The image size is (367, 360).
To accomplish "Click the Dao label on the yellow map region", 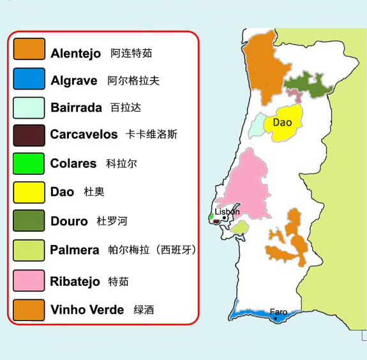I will click(282, 123).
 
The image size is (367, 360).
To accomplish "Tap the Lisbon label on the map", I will click(227, 212).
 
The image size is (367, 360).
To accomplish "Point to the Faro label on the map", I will click(278, 312).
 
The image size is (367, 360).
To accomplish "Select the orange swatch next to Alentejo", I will click(29, 50).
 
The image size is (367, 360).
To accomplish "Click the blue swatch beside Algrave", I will click(29, 79).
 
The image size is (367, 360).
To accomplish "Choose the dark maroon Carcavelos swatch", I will click(29, 135).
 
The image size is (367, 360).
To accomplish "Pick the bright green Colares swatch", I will click(29, 164).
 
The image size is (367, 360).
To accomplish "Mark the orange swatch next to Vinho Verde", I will click(29, 310).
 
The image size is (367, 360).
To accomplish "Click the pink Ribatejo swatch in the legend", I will click(29, 281).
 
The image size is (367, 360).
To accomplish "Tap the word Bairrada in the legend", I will click(76, 108).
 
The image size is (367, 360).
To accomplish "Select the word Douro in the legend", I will click(69, 221).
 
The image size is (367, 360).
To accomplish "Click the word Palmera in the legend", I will click(75, 250).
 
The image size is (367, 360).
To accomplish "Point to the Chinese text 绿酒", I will click(144, 311).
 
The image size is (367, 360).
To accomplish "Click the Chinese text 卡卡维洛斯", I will click(152, 135).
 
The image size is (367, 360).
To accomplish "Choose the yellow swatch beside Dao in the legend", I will click(29, 192).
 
